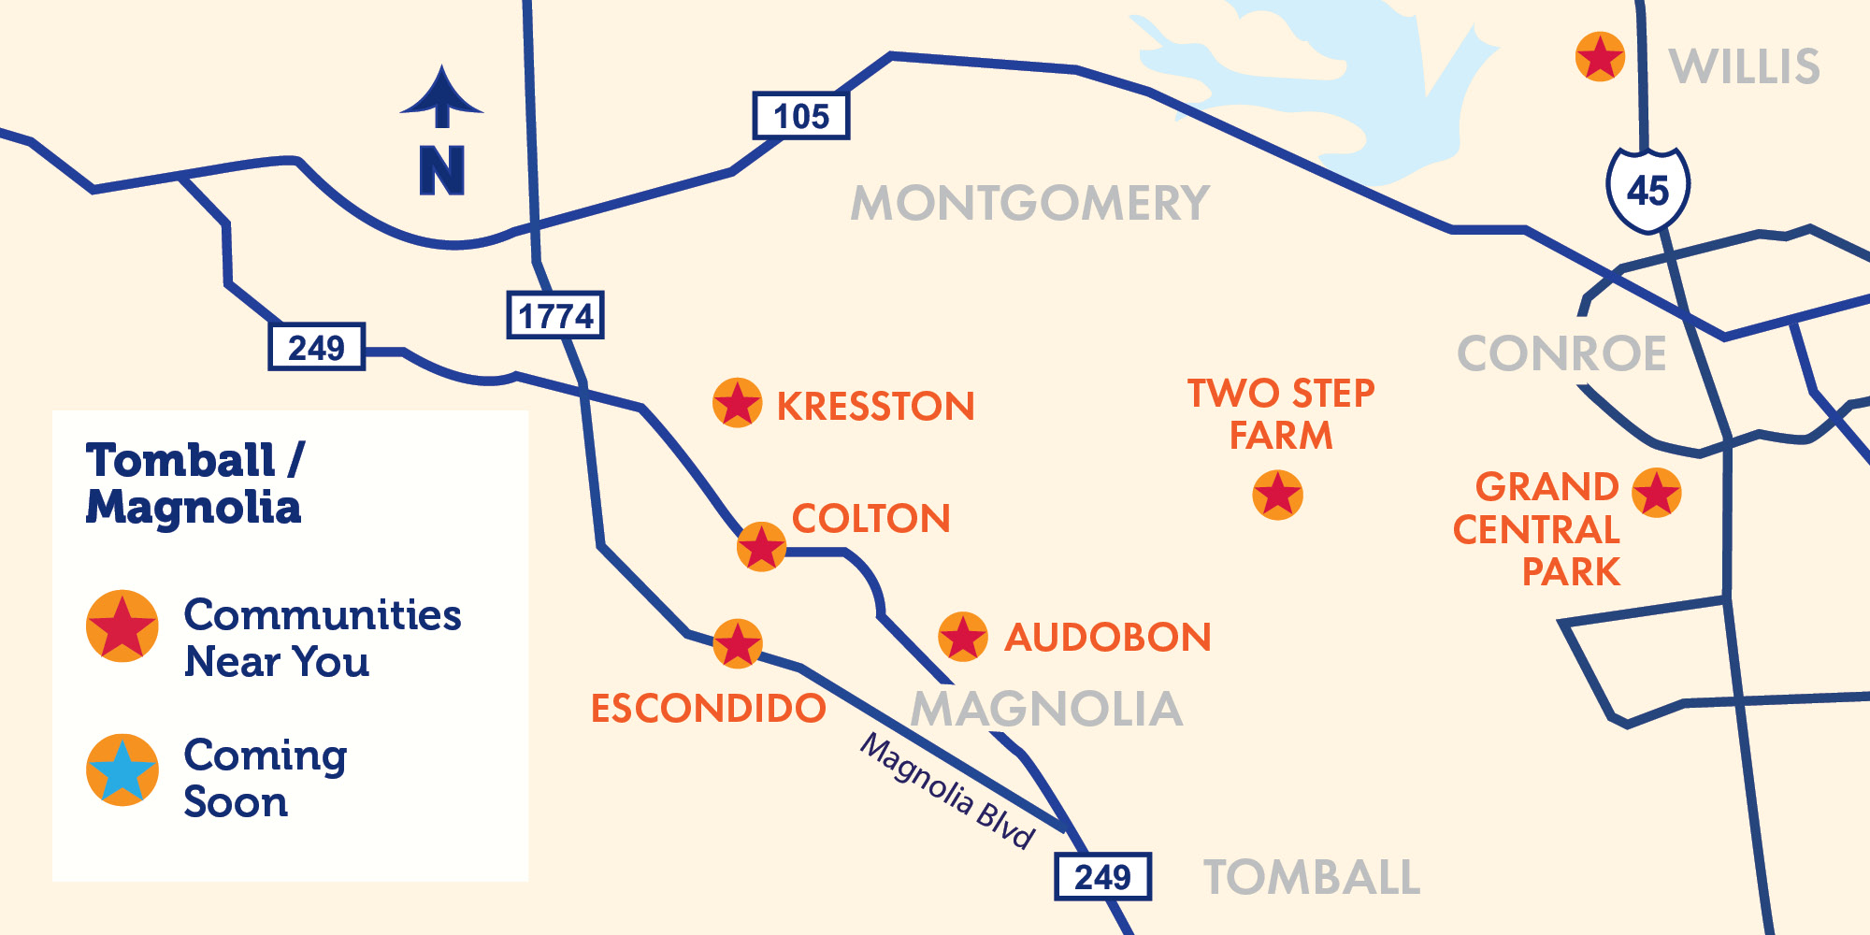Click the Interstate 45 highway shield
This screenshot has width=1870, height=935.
click(x=1647, y=190)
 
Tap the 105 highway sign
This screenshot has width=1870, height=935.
click(x=801, y=116)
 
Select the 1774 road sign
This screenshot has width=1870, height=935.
click(x=555, y=315)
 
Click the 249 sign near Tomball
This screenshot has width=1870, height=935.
click(x=1102, y=877)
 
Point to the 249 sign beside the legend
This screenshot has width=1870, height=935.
click(x=316, y=348)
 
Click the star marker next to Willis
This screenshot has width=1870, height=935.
click(x=1600, y=57)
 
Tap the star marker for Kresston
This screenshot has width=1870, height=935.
click(x=737, y=403)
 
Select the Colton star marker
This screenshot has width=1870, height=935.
click(x=761, y=547)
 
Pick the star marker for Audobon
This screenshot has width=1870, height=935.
click(x=962, y=637)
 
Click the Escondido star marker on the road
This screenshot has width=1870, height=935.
click(x=737, y=643)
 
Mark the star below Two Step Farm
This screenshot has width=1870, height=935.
click(x=1277, y=495)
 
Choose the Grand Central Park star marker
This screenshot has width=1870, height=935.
click(x=1656, y=493)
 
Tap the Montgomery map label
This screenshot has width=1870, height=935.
click(x=1029, y=203)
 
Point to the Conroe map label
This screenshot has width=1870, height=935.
click(x=1561, y=353)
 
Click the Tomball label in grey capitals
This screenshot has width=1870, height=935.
click(x=1311, y=877)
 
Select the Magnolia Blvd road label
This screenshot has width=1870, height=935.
click(x=947, y=791)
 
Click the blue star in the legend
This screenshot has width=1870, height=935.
click(x=122, y=770)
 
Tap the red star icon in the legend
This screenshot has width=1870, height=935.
click(x=122, y=626)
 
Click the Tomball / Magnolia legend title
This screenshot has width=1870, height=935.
click(x=194, y=483)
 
